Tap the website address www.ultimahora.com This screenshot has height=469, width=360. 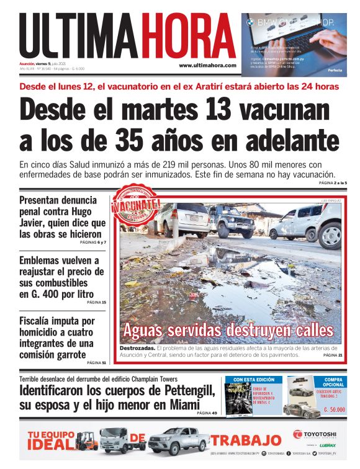(x=207, y=65)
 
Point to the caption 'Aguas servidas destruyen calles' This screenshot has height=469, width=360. (x=228, y=329)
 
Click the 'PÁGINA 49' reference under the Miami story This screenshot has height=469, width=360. (x=206, y=413)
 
